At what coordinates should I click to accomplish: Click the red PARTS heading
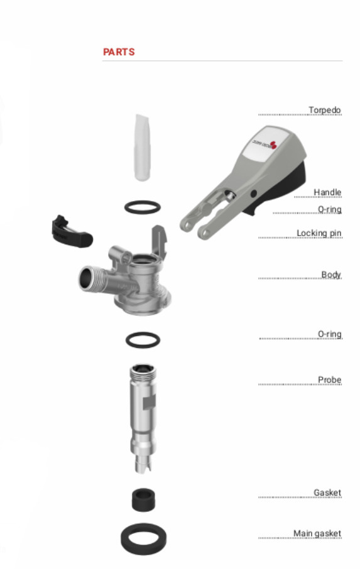coord(119,52)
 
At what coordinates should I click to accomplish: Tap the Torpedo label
coord(324,109)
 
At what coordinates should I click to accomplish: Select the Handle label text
coord(327,192)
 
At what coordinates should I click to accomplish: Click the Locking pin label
coord(319,233)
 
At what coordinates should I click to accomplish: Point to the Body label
coord(331,274)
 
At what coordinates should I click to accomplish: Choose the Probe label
coord(329,379)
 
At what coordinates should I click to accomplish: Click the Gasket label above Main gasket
coord(327,492)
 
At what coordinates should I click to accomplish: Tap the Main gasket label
coord(317,533)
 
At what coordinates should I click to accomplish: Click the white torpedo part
coord(142,147)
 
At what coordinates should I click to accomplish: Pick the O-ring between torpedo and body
coord(142,201)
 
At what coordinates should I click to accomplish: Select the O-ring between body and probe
coord(143,333)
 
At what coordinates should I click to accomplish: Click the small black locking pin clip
coord(72,233)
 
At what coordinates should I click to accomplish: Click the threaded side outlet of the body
coord(90,279)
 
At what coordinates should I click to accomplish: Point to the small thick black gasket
coord(143,500)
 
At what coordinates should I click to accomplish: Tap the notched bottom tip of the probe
coord(143,465)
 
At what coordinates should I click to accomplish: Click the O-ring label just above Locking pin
coord(329,209)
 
